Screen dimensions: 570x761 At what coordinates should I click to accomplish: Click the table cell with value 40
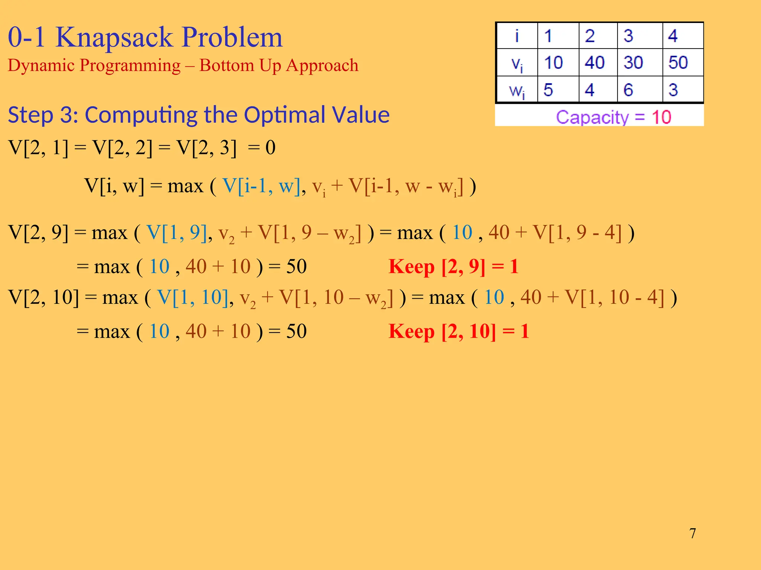click(595, 62)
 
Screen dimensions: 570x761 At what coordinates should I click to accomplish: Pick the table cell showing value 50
click(678, 62)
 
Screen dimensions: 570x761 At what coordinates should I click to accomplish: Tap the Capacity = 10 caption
click(613, 117)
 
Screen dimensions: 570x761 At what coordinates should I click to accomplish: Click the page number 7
click(693, 533)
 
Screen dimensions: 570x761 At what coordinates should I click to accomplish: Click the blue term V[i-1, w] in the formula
click(261, 186)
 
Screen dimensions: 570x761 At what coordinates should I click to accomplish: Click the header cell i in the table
click(517, 36)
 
